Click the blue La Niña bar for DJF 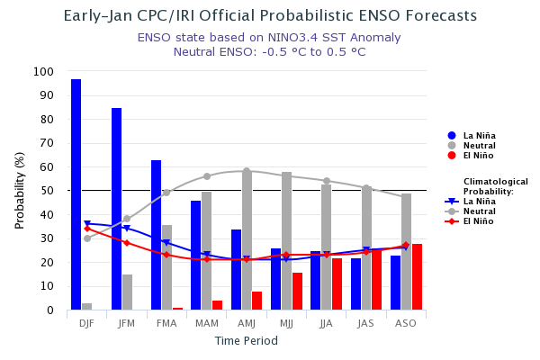click(76, 194)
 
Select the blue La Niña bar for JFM click(116, 209)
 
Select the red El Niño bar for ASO click(417, 277)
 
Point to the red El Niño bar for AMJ click(257, 301)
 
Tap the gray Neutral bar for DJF click(87, 307)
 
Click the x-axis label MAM click(206, 323)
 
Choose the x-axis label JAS click(365, 323)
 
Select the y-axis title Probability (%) click(20, 190)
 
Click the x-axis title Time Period click(246, 341)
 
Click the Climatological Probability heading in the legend click(495, 186)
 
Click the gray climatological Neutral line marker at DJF click(87, 238)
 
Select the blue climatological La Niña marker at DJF click(87, 224)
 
